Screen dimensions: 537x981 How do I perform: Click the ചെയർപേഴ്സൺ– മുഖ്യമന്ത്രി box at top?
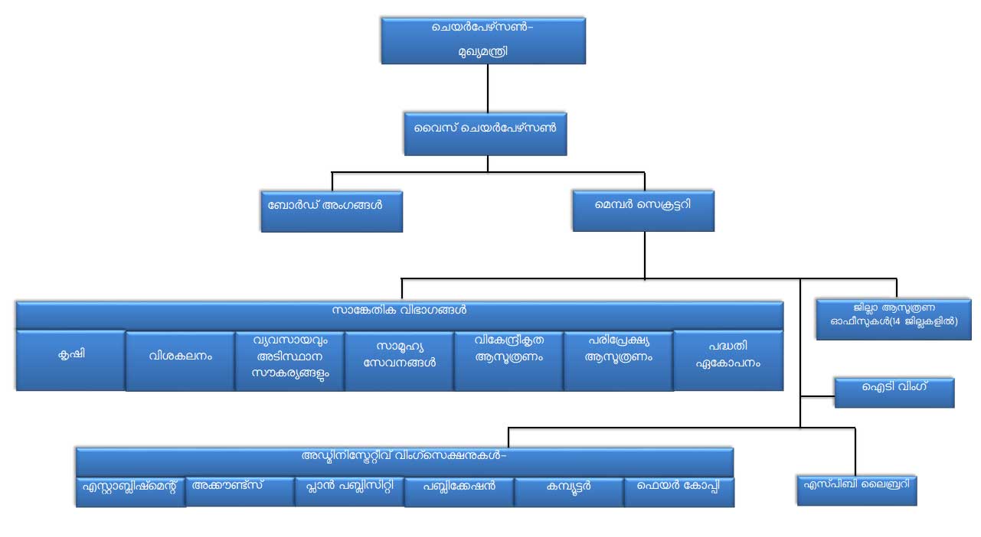(483, 41)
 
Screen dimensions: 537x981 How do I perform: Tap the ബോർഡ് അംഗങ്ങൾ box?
(332, 211)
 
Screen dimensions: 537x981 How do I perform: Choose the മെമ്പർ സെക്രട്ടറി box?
(643, 210)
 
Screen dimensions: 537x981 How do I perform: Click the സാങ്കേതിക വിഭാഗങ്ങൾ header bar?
(399, 314)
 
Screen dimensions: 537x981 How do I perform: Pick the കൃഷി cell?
(70, 360)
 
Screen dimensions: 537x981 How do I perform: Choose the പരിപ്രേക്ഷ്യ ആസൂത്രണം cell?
(618, 360)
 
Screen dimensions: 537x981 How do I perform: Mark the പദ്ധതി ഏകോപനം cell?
(728, 360)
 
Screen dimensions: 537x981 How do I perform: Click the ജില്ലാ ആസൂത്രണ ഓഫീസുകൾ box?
(894, 319)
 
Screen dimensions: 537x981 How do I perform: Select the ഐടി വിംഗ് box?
(894, 392)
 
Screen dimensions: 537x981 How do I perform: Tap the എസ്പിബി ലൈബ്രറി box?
(856, 490)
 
